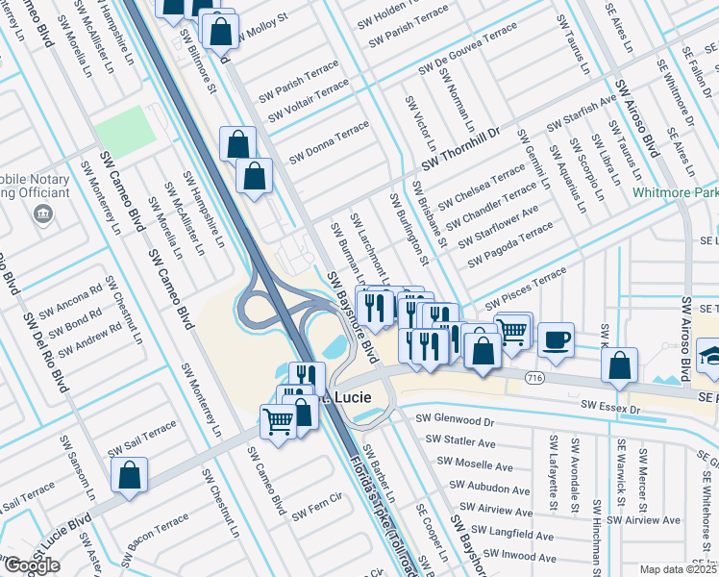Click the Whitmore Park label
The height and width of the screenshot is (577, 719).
676,192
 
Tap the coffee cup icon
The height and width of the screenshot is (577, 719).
556,339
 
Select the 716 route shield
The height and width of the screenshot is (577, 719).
535,380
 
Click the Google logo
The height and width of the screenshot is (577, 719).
31,565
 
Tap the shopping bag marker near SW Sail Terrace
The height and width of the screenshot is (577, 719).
129,474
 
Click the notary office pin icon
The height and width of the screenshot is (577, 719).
42,213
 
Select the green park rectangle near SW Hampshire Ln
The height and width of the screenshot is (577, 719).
124,127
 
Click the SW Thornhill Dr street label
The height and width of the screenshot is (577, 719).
461,147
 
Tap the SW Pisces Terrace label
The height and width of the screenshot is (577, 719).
519,288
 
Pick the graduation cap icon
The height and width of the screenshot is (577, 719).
708,354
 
